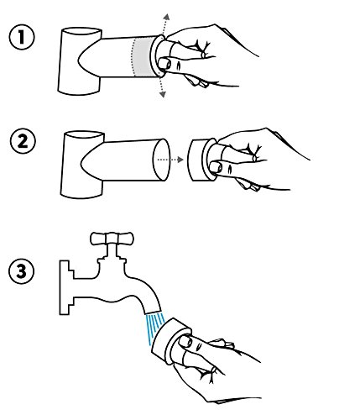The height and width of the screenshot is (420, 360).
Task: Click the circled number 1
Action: click(x=22, y=37)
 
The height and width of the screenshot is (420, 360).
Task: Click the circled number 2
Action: click(x=23, y=141)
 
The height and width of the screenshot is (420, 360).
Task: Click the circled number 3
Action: click(x=22, y=271)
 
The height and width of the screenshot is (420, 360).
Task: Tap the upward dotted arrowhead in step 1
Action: click(x=167, y=16)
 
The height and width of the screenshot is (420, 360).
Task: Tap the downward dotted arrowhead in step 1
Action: click(x=162, y=95)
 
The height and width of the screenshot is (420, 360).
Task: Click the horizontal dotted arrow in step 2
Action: click(x=170, y=160)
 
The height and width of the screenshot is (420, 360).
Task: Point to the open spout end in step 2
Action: click(x=162, y=160)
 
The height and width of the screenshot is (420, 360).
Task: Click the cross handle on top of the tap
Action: click(x=112, y=239)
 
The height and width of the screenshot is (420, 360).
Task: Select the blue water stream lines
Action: click(x=154, y=328)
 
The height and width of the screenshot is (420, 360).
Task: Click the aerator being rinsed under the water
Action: click(x=171, y=341)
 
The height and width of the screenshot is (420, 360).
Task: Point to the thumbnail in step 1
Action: click(x=164, y=63)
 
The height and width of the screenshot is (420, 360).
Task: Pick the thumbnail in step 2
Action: click(x=216, y=167)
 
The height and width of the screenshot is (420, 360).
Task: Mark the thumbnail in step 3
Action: click(x=185, y=341)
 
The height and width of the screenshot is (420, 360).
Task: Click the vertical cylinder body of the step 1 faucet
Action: click(x=73, y=61)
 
